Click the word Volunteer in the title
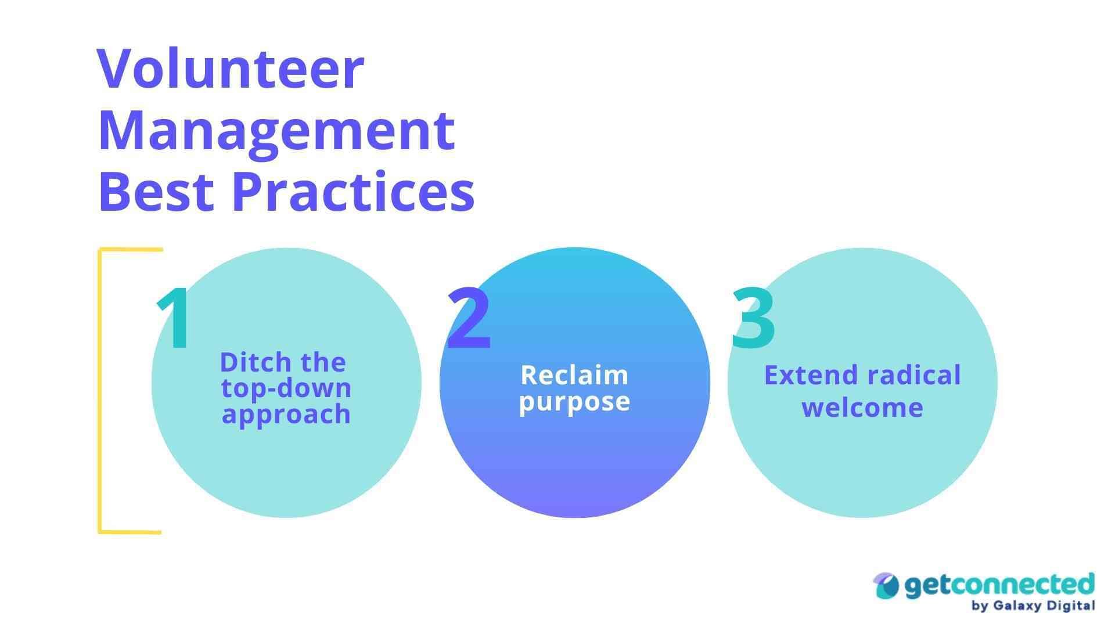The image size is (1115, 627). [x=231, y=70]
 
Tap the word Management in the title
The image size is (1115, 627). [x=276, y=131]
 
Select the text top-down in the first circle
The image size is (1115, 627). [x=286, y=388]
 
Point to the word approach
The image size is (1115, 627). [x=286, y=415]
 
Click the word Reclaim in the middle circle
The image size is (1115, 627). [x=574, y=375]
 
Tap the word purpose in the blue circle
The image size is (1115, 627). [x=574, y=402]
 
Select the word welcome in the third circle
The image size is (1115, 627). [x=862, y=408]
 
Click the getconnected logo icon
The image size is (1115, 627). [x=886, y=586]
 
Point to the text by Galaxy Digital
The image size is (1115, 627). [x=1033, y=606]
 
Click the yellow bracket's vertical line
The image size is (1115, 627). [x=100, y=390]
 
